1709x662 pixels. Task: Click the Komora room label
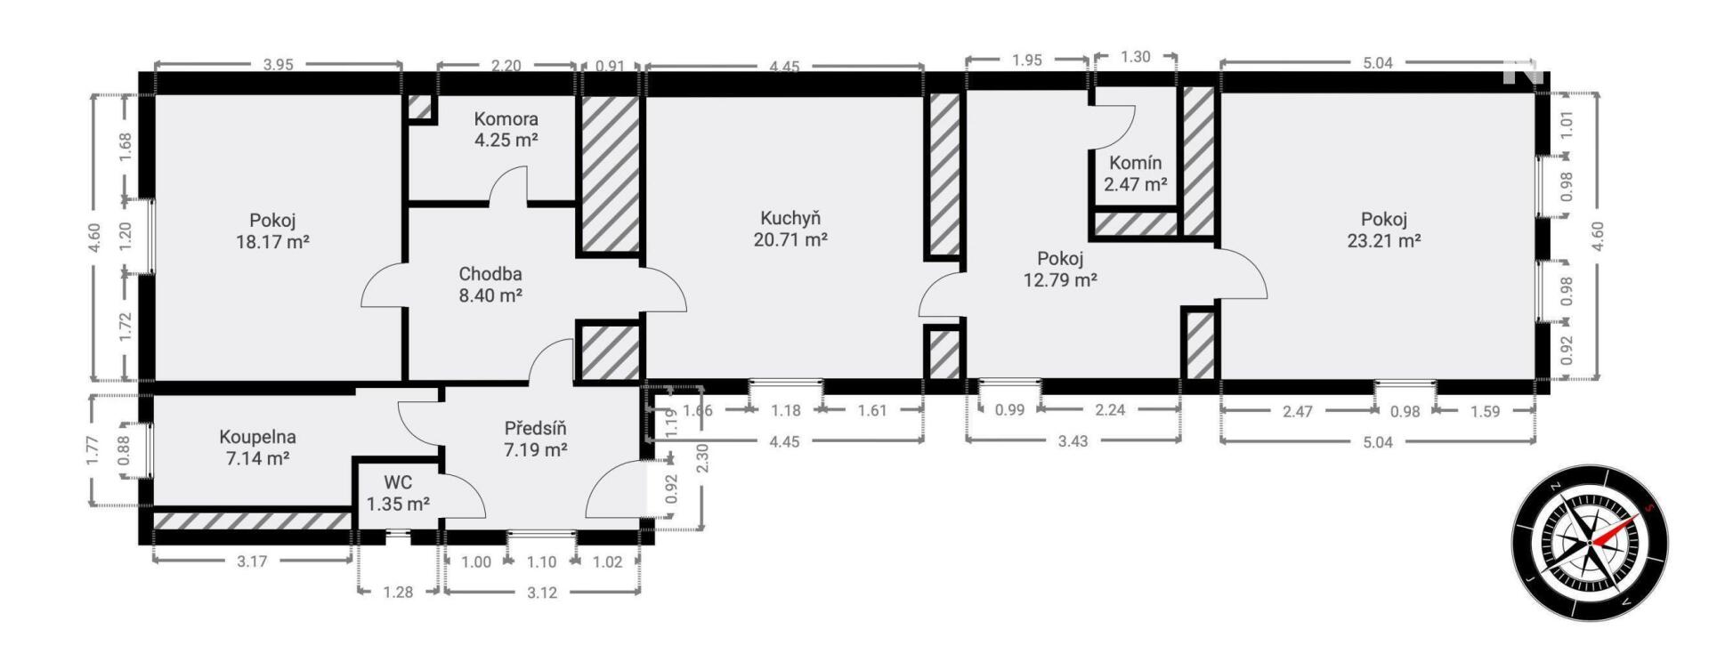(x=506, y=118)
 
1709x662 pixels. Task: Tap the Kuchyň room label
(x=790, y=218)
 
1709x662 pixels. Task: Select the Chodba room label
(x=490, y=274)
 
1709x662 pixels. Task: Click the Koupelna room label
(x=258, y=437)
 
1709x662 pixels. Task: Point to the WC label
(x=398, y=482)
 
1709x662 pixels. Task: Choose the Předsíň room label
(x=536, y=428)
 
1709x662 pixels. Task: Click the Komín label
(x=1135, y=163)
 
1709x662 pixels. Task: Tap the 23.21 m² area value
(x=1384, y=240)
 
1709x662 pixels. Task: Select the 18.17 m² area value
(x=272, y=241)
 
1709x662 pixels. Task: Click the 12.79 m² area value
(x=1060, y=280)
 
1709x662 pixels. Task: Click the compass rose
(x=1590, y=543)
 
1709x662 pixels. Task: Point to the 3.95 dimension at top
(x=279, y=64)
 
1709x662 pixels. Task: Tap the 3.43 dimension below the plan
(x=1073, y=440)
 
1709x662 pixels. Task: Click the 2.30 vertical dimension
(x=702, y=458)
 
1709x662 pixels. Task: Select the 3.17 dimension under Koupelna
(x=253, y=561)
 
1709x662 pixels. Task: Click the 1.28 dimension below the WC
(x=398, y=592)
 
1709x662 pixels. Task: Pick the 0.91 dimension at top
(x=610, y=65)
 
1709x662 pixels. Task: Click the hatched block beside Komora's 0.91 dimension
(x=611, y=174)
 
